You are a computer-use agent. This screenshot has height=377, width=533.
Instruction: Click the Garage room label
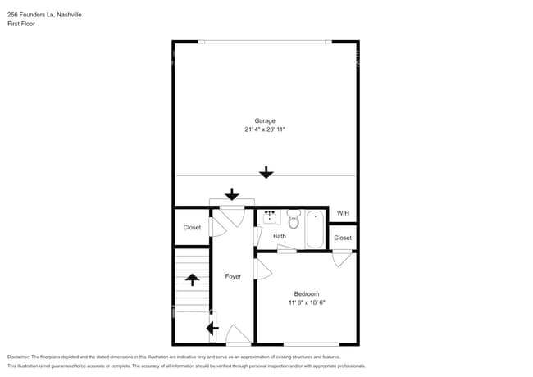pyautogui.click(x=265, y=120)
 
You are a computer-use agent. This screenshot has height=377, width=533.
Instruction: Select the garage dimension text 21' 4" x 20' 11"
pyautogui.click(x=265, y=129)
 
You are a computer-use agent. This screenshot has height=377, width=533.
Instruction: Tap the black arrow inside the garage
pyautogui.click(x=266, y=172)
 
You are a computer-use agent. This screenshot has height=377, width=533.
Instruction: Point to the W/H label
pyautogui.click(x=343, y=214)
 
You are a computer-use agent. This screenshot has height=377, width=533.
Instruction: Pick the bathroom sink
pyautogui.click(x=270, y=216)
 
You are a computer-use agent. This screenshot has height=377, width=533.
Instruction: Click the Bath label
pyautogui.click(x=280, y=237)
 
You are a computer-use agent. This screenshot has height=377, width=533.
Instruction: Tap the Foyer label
pyautogui.click(x=234, y=276)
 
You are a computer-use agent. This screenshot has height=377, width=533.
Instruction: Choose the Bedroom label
pyautogui.click(x=307, y=293)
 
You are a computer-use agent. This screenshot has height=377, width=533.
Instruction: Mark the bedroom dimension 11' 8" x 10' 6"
pyautogui.click(x=307, y=302)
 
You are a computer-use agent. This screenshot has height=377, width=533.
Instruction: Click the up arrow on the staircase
pyautogui.click(x=193, y=279)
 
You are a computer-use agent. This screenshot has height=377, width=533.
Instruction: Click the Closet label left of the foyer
pyautogui.click(x=192, y=228)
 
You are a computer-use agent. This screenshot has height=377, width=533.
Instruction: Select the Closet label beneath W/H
pyautogui.click(x=343, y=238)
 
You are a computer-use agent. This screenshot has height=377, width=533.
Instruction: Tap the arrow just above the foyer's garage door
pyautogui.click(x=232, y=194)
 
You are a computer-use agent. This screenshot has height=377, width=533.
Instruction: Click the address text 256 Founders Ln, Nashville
pyautogui.click(x=44, y=14)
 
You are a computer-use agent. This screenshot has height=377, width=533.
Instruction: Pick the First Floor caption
pyautogui.click(x=21, y=24)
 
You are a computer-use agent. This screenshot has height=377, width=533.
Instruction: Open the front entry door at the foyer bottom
pyautogui.click(x=238, y=336)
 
